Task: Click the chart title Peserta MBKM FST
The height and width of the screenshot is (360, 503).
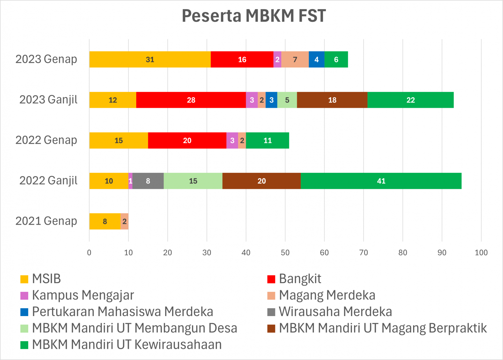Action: (254, 16)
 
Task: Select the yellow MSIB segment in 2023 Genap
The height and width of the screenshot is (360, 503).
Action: (150, 59)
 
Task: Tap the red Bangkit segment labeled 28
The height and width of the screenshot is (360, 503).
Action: (191, 100)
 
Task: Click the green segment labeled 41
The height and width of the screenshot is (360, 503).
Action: (381, 181)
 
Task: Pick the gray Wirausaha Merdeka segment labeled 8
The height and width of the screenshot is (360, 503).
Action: (148, 181)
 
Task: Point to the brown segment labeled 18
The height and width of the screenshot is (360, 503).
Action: (332, 100)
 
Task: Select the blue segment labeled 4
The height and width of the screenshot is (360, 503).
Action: (316, 59)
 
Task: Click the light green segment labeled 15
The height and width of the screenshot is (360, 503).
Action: (193, 181)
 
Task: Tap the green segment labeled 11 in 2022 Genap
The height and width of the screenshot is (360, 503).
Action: (267, 140)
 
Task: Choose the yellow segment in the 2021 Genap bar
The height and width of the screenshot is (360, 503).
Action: (105, 221)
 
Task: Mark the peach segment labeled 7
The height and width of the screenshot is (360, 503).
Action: (295, 59)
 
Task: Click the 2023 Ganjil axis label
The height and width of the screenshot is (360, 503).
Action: (48, 100)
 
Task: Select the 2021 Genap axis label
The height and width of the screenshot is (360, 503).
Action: (46, 221)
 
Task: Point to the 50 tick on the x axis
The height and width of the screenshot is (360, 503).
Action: (285, 253)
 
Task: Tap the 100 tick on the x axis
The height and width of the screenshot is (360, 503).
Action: (481, 253)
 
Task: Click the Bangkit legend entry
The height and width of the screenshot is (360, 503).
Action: (300, 279)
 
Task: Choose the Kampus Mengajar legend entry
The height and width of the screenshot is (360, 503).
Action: (83, 295)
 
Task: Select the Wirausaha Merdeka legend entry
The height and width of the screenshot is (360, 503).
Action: (335, 312)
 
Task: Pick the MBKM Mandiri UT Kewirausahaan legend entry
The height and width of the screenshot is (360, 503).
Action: (127, 345)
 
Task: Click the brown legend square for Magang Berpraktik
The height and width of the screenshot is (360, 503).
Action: (271, 328)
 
